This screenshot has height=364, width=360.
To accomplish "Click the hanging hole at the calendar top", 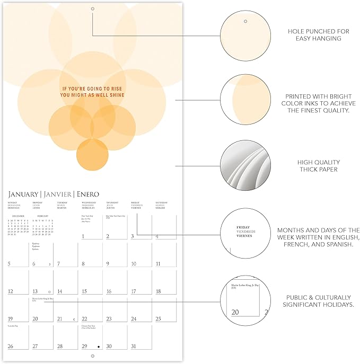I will [x=92, y=9].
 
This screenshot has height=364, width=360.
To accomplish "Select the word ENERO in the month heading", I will [x=86, y=194].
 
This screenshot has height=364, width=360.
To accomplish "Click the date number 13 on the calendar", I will [x=36, y=291].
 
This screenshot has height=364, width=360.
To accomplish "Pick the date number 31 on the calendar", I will [x=134, y=347].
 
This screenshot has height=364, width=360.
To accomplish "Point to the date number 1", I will [x=83, y=236].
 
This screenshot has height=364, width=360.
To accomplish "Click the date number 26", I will [x=11, y=347].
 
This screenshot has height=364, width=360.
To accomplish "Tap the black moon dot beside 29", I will [x=98, y=347].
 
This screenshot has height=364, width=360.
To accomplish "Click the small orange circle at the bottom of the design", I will [x=92, y=154].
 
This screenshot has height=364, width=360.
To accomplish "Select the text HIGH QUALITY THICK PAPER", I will [x=319, y=166].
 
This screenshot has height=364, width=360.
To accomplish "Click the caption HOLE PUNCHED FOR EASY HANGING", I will [x=319, y=35].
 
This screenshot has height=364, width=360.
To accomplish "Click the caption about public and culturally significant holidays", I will [x=319, y=300].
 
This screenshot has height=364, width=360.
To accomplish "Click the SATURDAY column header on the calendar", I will [x=163, y=202].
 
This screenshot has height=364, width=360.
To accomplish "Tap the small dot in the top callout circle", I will [x=245, y=21].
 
